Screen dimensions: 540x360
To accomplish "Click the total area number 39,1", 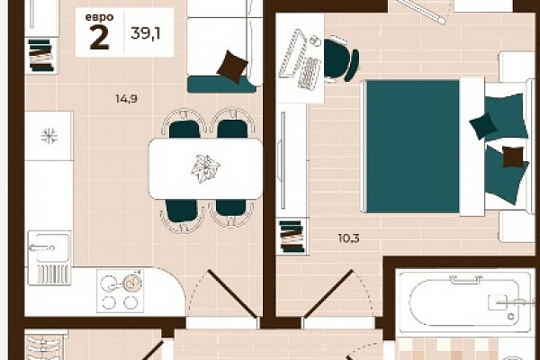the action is click(x=146, y=33).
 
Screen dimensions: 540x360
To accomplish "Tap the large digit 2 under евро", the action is click(x=99, y=37).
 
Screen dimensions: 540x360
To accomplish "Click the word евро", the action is click(x=99, y=17).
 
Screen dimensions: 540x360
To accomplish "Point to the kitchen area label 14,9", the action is click(x=126, y=99).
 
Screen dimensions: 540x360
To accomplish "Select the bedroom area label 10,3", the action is click(x=349, y=238).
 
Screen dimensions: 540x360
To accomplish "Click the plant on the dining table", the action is click(x=205, y=168).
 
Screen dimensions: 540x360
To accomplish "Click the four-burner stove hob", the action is click(x=121, y=291).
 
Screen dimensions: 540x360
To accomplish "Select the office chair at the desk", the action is click(x=340, y=58).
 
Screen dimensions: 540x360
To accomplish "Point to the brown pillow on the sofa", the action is click(x=232, y=67).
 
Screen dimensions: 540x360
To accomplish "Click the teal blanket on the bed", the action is click(x=412, y=147).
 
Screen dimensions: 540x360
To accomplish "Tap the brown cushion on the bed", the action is click(x=513, y=157).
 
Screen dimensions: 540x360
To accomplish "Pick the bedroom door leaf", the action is click(x=328, y=293).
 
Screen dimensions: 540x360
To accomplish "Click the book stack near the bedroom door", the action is click(x=292, y=237).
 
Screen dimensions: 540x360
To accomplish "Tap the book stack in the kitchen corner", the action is click(x=41, y=56).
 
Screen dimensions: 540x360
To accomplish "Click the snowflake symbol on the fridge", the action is click(x=49, y=137).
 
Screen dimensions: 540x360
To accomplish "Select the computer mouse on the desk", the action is click(x=313, y=40).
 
